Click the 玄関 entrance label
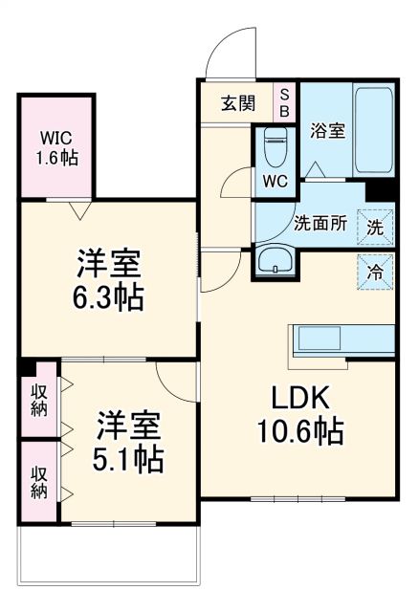[239, 103]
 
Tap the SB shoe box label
[284, 101]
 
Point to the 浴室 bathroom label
[327, 132]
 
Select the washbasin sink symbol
[277, 261]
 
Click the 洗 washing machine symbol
[376, 228]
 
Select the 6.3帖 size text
[108, 297]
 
